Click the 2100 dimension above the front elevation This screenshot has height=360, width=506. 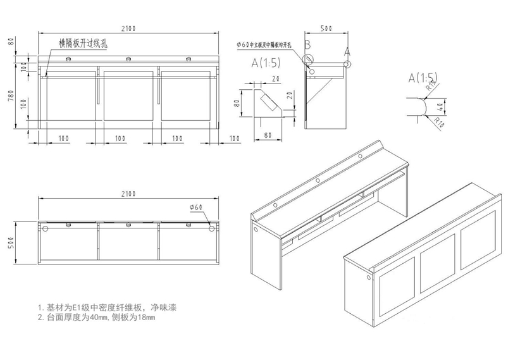129,28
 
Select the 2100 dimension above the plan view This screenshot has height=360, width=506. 129,193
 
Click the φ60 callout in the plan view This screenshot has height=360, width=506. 195,207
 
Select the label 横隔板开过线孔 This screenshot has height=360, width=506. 83,44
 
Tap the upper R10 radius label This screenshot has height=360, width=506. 432,85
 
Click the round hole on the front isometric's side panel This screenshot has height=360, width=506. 256,230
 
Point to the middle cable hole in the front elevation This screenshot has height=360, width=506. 128,60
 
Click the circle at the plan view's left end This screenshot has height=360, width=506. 45,228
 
